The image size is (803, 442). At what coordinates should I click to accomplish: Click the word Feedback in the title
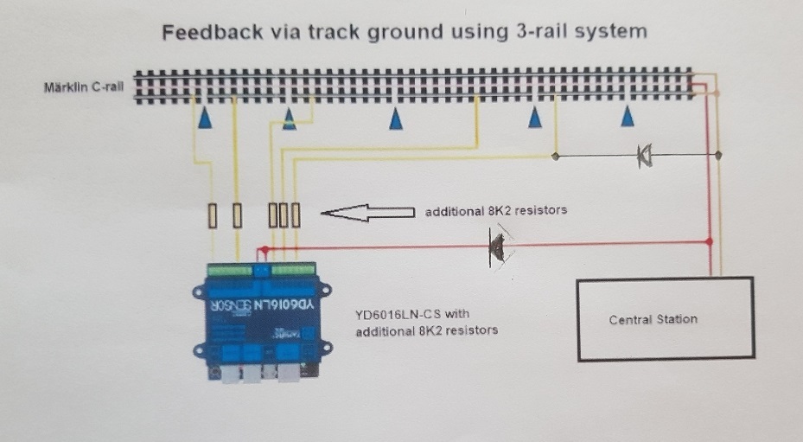[x=212, y=32]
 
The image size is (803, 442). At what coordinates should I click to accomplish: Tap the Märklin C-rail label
[x=84, y=86]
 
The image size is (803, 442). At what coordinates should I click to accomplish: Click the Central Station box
[x=666, y=319]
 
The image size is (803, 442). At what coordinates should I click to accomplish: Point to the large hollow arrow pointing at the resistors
[x=367, y=212]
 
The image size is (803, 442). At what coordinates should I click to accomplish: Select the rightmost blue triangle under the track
[x=628, y=116]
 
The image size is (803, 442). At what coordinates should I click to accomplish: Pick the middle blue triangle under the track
[x=395, y=119]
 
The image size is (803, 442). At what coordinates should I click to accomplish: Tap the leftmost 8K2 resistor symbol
[x=213, y=215]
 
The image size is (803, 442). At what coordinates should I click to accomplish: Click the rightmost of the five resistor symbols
[x=296, y=215]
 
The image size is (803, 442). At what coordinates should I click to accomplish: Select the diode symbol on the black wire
[x=644, y=156]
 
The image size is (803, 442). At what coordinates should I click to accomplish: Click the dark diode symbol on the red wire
[x=497, y=248]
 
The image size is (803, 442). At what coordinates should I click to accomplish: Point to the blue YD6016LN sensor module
[x=262, y=322]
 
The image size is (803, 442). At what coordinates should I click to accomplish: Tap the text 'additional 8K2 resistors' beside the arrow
[x=496, y=211]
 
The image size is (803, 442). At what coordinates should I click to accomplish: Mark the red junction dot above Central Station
[x=710, y=241]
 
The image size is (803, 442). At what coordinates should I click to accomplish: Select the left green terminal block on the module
[x=230, y=270]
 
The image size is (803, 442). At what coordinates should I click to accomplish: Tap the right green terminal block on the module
[x=293, y=269]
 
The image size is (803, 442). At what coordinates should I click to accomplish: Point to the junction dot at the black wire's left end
[x=556, y=156]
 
